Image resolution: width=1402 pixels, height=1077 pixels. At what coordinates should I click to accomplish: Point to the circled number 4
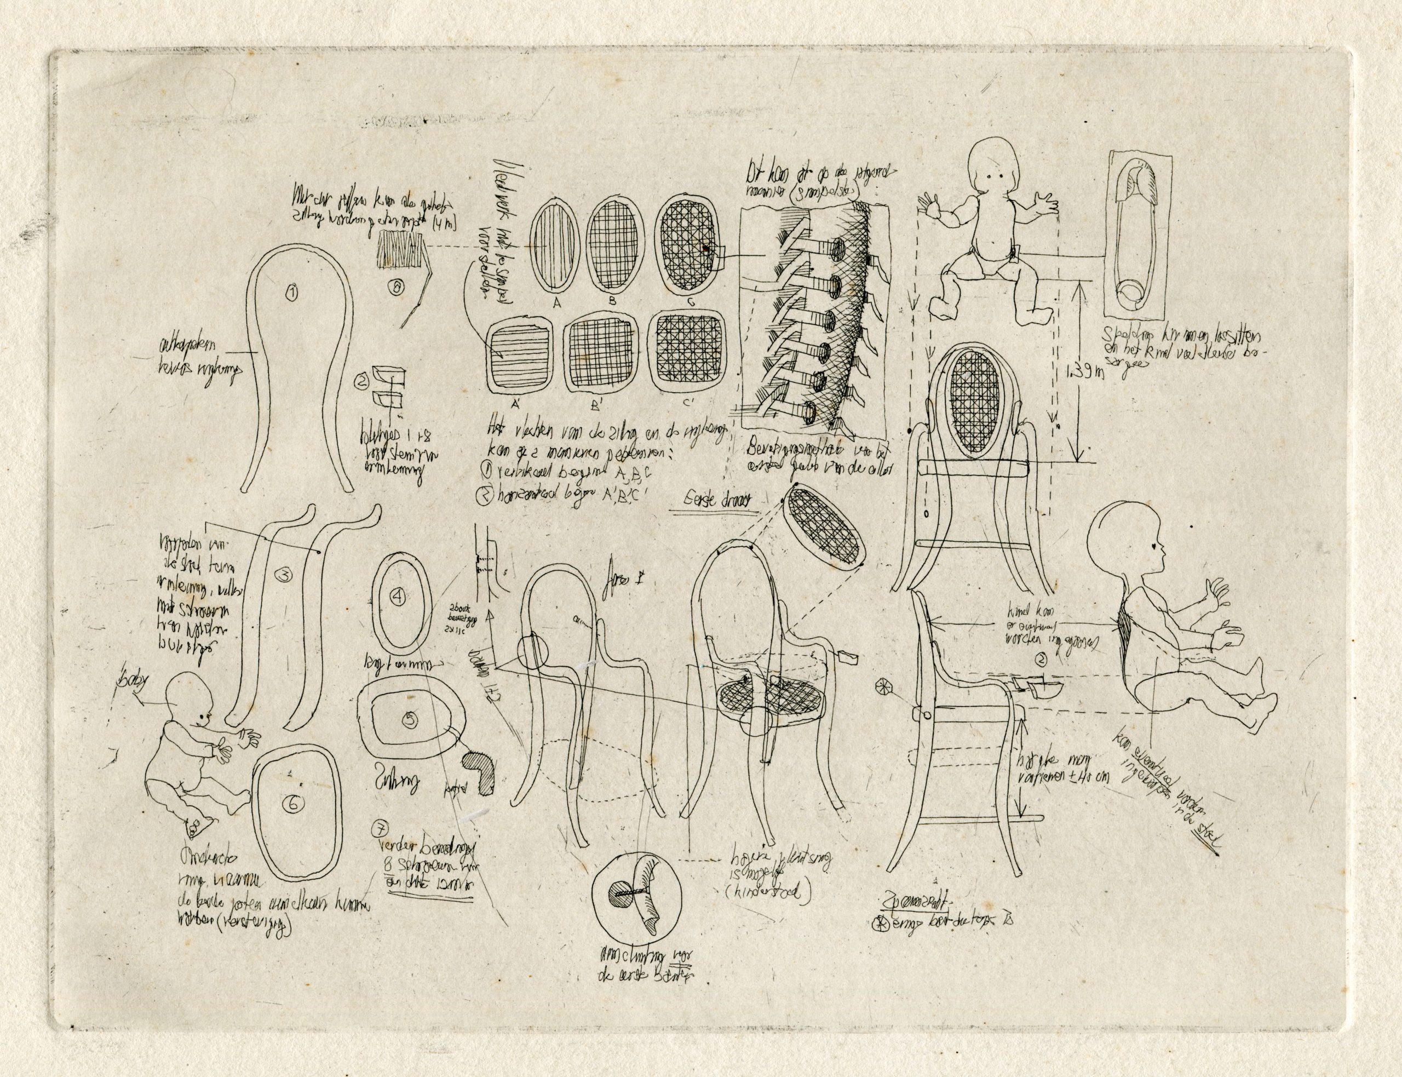coord(398,598)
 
